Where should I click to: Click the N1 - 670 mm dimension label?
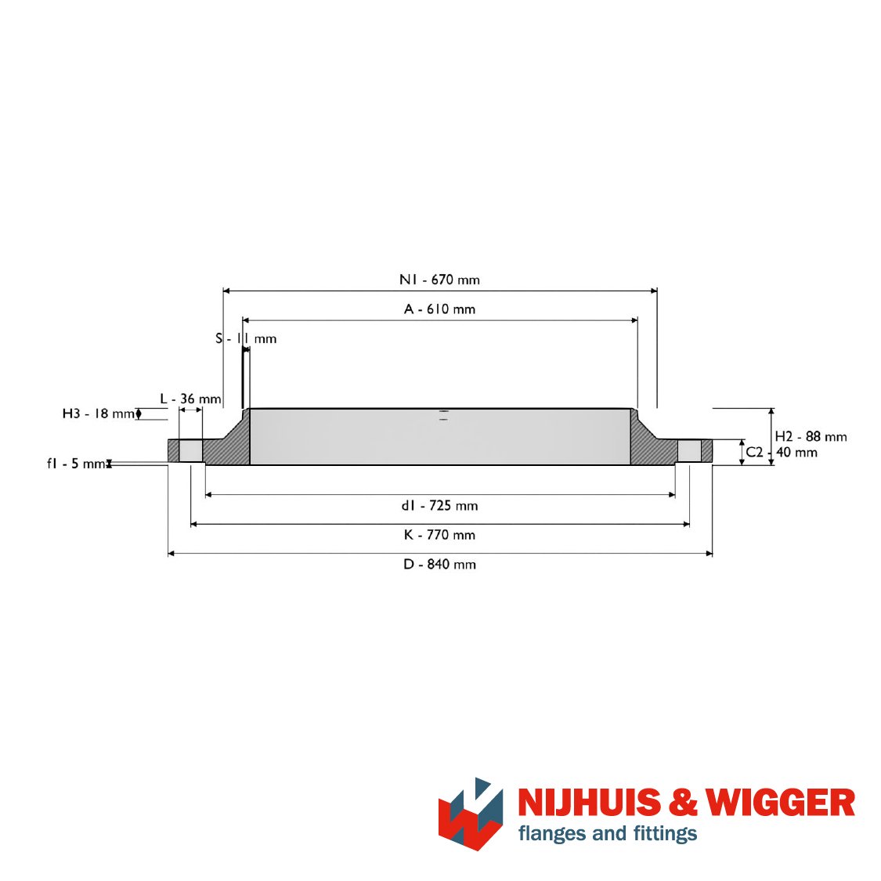point(439,280)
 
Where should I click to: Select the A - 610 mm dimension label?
point(439,309)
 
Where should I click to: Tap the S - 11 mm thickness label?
point(246,339)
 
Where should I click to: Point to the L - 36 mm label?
point(190,399)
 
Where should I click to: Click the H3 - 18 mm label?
point(99,414)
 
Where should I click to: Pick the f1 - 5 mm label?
point(77,464)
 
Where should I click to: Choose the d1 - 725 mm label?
point(439,506)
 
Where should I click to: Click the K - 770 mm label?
point(439,535)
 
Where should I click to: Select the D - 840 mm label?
point(439,564)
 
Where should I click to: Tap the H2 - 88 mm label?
point(811,436)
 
